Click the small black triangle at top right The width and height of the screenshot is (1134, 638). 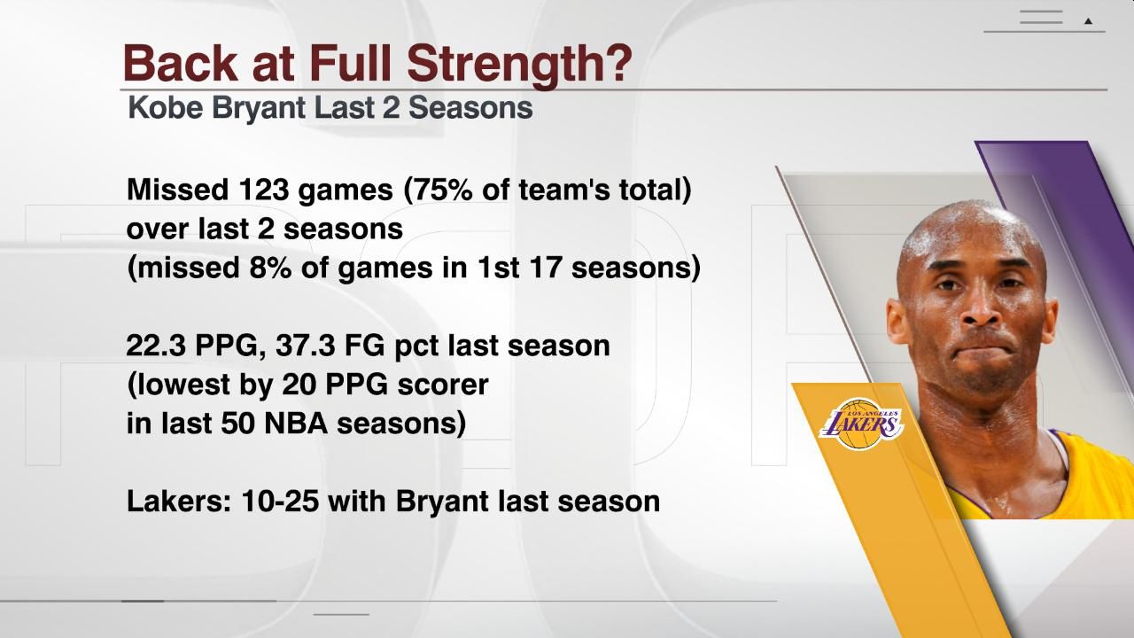click(1089, 20)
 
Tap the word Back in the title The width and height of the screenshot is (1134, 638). click(177, 63)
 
